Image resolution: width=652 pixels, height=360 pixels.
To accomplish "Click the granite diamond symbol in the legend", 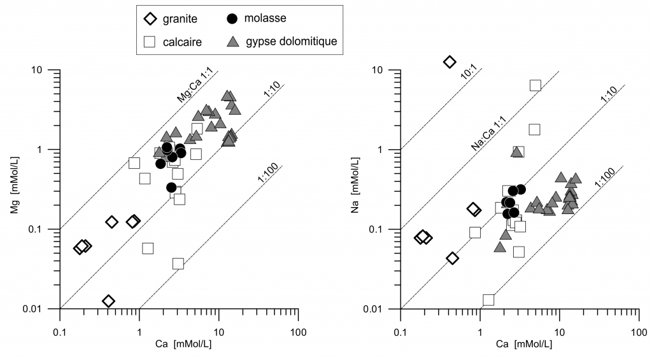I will click(x=151, y=18).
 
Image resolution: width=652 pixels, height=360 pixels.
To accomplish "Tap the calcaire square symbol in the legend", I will click(x=151, y=42).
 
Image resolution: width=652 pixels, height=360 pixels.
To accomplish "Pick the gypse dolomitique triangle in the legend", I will click(x=234, y=41).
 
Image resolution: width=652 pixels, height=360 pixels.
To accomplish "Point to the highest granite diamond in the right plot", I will click(x=450, y=62).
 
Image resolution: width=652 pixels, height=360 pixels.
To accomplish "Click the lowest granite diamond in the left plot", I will click(x=108, y=301).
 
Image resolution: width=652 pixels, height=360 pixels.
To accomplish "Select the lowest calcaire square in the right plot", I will click(x=488, y=299).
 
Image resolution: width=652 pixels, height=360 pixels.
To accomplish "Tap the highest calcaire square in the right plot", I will click(x=535, y=85).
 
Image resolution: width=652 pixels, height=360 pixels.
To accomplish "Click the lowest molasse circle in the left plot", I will click(x=171, y=187).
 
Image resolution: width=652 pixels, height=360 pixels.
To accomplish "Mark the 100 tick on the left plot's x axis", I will click(x=298, y=332).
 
